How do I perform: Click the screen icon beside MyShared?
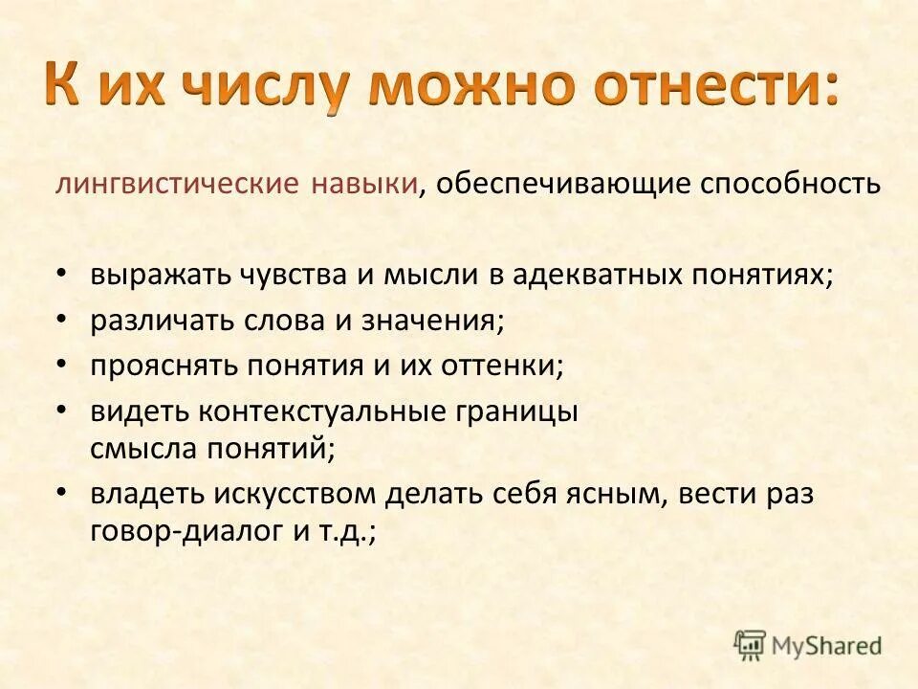coord(751,645)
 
